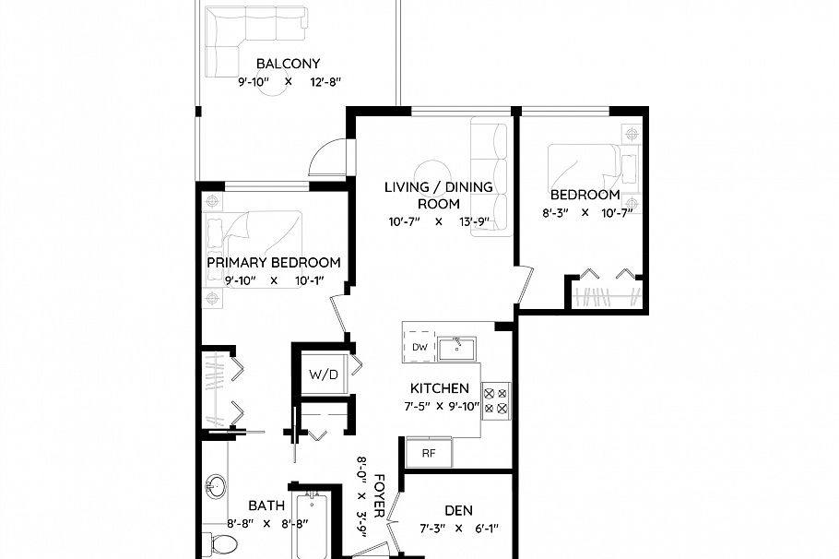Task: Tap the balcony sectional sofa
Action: [x=249, y=37]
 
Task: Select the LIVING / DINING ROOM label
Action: [x=438, y=195]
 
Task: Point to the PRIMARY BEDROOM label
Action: [x=273, y=262]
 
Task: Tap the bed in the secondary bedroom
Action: [x=583, y=168]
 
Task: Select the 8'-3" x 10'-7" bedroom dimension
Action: [x=584, y=212]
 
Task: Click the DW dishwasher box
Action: [x=419, y=347]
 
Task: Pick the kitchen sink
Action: [x=455, y=347]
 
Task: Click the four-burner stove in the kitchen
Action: [x=495, y=398]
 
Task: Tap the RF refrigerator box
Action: [x=429, y=453]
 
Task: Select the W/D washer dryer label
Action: [x=322, y=375]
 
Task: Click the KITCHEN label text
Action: [x=440, y=388]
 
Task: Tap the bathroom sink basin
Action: [x=217, y=486]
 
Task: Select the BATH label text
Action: [x=266, y=505]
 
